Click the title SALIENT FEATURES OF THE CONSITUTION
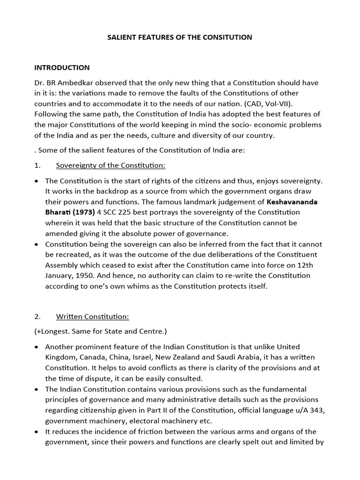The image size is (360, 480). [180, 37]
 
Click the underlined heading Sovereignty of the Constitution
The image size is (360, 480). [111, 165]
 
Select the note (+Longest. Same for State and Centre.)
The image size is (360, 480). [100, 331]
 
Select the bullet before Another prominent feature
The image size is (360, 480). [37, 347]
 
